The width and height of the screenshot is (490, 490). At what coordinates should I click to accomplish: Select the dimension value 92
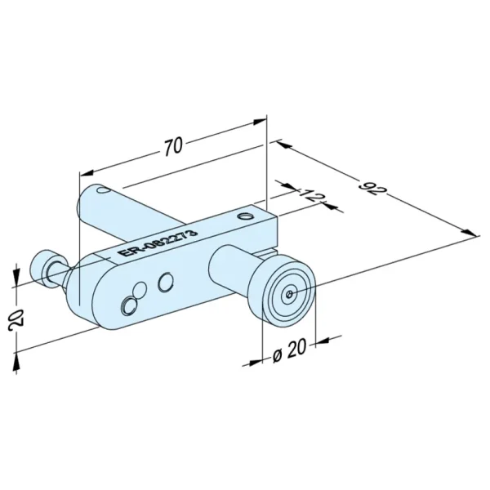tap(373, 187)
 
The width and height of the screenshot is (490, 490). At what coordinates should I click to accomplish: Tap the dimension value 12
tap(310, 196)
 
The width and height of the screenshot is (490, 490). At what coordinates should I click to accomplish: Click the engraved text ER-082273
tap(159, 243)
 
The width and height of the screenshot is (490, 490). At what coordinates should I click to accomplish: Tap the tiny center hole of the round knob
tap(290, 293)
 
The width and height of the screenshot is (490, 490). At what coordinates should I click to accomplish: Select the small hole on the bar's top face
tap(244, 216)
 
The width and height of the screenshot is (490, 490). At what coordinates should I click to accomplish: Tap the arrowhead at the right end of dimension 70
tap(260, 122)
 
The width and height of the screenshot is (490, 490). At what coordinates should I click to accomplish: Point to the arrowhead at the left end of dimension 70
tap(87, 173)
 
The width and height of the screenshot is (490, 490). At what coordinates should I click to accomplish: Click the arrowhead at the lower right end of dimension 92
tap(470, 233)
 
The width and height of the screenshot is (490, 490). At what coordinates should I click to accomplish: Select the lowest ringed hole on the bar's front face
tap(129, 306)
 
